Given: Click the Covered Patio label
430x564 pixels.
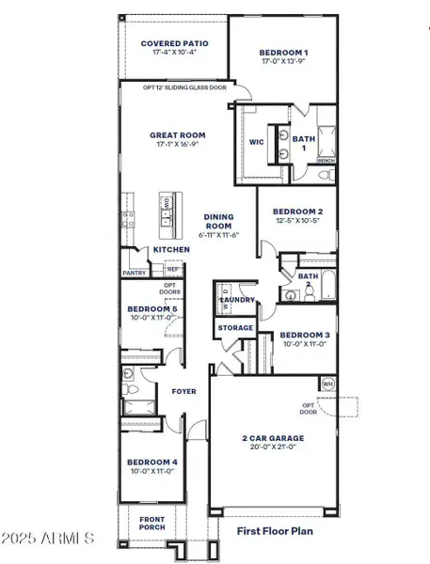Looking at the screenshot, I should click(174, 43).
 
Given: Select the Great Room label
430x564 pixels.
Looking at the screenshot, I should click(178, 135).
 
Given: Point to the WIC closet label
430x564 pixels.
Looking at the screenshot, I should click(256, 143).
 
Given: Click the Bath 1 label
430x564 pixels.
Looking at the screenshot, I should click(304, 140).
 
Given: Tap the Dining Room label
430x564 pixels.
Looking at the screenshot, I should click(218, 222).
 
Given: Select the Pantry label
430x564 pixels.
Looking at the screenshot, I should click(134, 273).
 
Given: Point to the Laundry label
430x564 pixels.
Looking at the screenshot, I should click(238, 300).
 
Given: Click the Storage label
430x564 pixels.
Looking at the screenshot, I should click(235, 328).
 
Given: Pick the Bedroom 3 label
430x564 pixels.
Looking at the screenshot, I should click(304, 336).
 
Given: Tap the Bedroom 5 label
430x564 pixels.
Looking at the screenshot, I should click(151, 310).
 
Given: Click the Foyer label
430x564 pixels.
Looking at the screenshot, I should click(183, 391).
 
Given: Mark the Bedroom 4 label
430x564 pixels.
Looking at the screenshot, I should click(151, 462).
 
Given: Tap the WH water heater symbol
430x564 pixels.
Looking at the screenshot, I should click(328, 384).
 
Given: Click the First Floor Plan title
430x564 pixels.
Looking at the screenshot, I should click(275, 530).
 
